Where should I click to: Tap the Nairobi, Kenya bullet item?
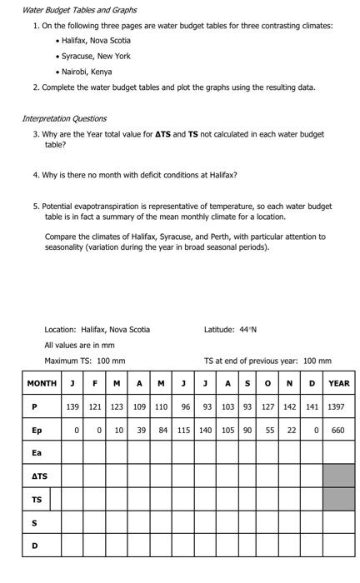pyautogui.click(x=89, y=72)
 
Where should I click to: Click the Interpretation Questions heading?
pyautogui.click(x=64, y=118)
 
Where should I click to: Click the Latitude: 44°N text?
pyautogui.click(x=230, y=329)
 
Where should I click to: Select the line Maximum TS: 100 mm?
pyautogui.click(x=85, y=361)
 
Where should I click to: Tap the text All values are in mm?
pyautogui.click(x=79, y=345)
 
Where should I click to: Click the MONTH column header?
pyautogui.click(x=42, y=383)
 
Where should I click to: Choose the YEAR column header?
pyautogui.click(x=338, y=383)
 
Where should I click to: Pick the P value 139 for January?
pyautogui.click(x=72, y=407)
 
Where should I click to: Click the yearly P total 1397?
pyautogui.click(x=337, y=407)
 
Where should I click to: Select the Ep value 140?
pyautogui.click(x=205, y=431)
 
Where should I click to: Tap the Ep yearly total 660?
pyautogui.click(x=337, y=431)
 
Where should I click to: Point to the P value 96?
pyautogui.click(x=186, y=407)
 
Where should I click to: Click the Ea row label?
pyautogui.click(x=36, y=453)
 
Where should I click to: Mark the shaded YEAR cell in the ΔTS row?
pyautogui.click(x=338, y=476)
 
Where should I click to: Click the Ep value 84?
pyautogui.click(x=163, y=431)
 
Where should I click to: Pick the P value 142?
pyautogui.click(x=290, y=407)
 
